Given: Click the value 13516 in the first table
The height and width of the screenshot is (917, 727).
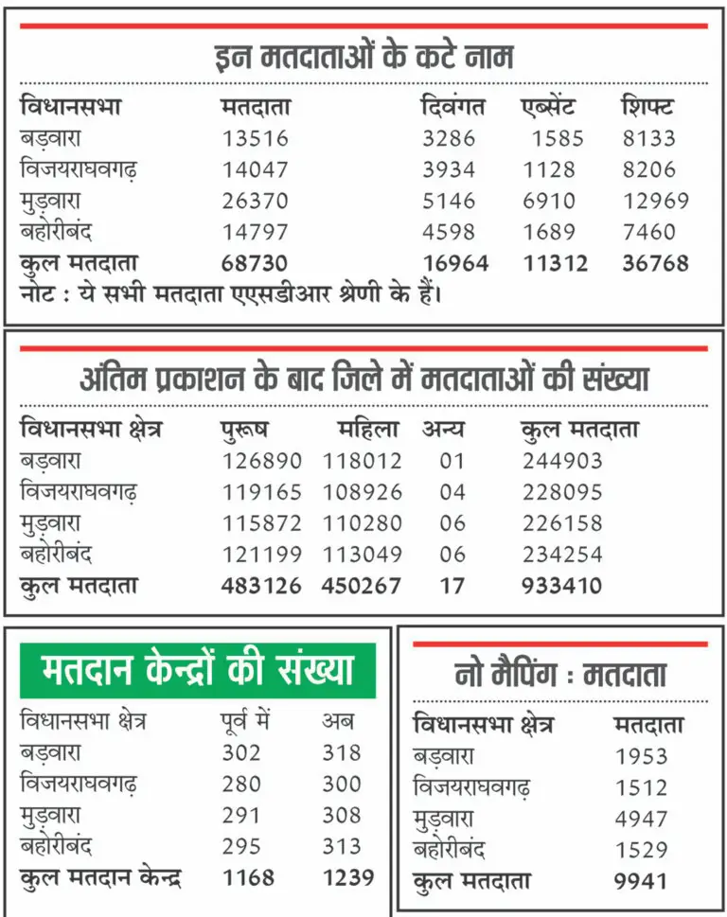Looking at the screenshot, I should tap(256, 139).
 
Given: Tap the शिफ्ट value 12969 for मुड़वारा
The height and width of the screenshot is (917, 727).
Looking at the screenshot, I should tap(655, 202).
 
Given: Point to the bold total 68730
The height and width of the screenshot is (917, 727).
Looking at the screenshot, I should tap(255, 263).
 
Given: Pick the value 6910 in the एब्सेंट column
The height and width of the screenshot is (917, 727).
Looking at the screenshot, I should tap(549, 202).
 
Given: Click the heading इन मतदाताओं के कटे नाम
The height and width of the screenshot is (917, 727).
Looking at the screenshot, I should tap(363, 58).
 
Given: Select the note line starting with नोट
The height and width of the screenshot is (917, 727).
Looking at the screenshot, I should tap(232, 293).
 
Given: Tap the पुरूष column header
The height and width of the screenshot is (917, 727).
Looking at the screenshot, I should tap(244, 430).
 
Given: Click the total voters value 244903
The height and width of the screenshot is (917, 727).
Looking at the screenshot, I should tap(562, 462).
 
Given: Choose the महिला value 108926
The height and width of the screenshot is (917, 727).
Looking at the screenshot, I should tap(363, 493).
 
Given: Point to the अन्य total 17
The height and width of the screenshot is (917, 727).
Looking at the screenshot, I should tap(452, 586).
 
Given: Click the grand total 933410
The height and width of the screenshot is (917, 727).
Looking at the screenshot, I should tap(561, 586).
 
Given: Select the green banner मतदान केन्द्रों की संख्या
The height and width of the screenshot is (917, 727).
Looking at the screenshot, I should tap(198, 671).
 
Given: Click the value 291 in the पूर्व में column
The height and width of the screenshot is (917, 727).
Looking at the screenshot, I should tap(241, 815).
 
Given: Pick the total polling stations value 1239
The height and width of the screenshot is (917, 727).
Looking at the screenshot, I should tap(347, 877).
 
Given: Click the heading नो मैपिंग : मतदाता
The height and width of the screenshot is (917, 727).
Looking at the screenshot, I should tap(559, 675).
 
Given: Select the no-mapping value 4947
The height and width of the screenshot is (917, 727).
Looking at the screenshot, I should tap(641, 820).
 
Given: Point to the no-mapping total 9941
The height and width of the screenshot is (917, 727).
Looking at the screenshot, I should tap(641, 882).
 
